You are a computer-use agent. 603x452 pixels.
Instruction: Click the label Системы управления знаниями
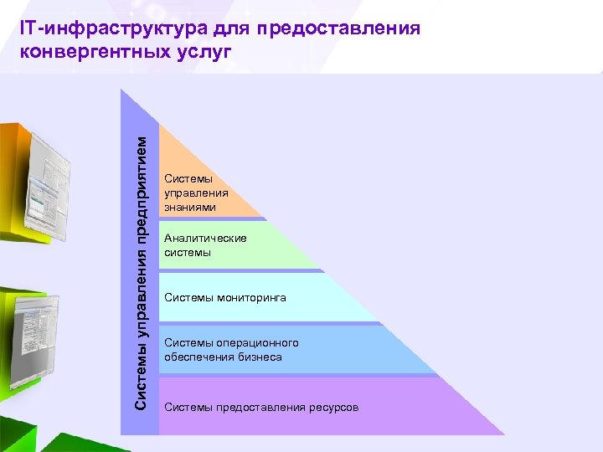pos(196,193)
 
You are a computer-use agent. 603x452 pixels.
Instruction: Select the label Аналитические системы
pos(205,245)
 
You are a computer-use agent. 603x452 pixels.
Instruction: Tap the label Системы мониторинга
pos(224,297)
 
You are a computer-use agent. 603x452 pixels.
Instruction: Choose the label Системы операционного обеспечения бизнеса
pos(231,350)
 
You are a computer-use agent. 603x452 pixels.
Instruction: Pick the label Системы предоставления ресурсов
pos(261,408)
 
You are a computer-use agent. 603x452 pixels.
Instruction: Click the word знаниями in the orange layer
pos(190,207)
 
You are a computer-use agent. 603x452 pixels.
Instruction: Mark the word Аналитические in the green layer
pos(205,239)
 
